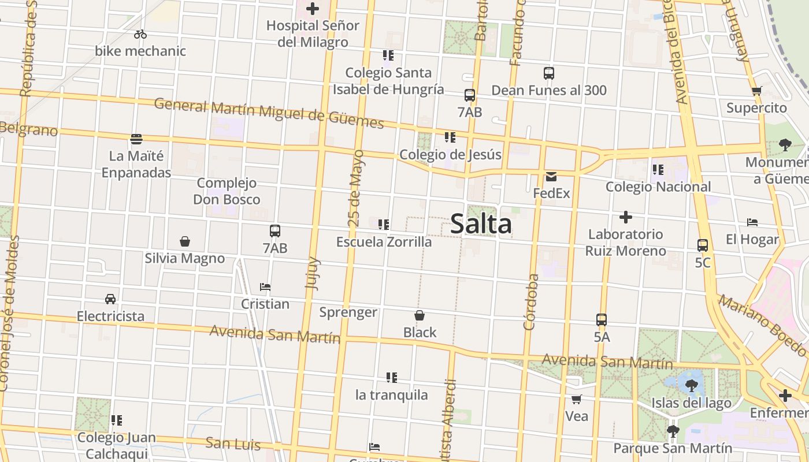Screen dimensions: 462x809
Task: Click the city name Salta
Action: (x=481, y=224)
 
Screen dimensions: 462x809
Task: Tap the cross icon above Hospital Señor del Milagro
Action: (x=313, y=9)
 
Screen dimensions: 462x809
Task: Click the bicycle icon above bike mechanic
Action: (x=140, y=35)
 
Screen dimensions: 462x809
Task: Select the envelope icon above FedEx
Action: (x=551, y=176)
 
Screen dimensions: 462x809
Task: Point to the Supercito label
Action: (x=756, y=108)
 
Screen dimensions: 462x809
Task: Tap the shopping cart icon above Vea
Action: (x=576, y=400)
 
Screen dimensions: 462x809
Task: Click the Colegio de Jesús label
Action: (x=450, y=155)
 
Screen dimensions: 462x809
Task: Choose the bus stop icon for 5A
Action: (x=602, y=320)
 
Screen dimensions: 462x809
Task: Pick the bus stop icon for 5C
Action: (x=703, y=245)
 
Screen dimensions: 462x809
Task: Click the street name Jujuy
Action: (x=313, y=273)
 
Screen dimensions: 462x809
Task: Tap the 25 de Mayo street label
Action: (x=356, y=188)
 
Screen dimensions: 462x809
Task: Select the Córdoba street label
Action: (x=530, y=302)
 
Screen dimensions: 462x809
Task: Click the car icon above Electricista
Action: (x=110, y=299)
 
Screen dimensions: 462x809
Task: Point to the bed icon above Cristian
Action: (x=265, y=287)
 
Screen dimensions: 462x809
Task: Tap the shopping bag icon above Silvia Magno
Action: (x=185, y=241)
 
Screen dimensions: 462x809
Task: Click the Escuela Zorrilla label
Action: (x=384, y=242)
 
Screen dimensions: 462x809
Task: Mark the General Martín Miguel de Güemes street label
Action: (x=269, y=113)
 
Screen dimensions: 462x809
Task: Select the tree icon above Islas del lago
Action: (x=691, y=386)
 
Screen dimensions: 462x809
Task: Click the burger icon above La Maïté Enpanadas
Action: (x=136, y=139)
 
